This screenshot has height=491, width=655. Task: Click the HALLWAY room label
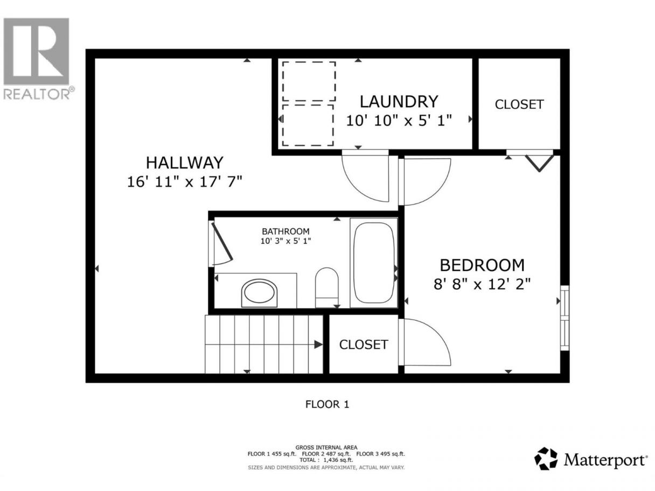[184, 163]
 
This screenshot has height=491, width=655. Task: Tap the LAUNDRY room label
[399, 102]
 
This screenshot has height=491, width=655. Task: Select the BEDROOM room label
[482, 265]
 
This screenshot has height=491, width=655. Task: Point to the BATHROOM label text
[285, 232]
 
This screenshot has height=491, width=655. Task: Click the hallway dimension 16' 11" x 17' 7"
[184, 181]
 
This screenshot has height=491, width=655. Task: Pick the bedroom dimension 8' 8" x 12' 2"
[482, 284]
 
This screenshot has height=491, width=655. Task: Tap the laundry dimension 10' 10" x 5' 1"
[399, 121]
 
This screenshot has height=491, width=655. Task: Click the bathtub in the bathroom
[374, 263]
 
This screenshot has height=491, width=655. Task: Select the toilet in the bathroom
[326, 287]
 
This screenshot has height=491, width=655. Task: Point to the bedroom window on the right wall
[565, 318]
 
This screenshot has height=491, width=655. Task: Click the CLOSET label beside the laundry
[519, 104]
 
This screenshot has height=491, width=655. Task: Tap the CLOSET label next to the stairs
[363, 345]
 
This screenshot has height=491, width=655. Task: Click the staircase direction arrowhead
[318, 345]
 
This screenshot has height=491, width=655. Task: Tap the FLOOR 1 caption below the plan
[327, 404]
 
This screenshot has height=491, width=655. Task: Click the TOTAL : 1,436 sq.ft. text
[326, 460]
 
